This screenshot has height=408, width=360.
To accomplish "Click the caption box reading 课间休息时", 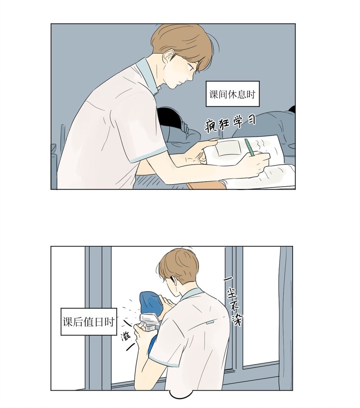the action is (x=233, y=94).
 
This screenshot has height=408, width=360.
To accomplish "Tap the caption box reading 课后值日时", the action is (x=89, y=322).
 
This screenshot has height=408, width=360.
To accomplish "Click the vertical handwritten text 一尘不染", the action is (x=233, y=300).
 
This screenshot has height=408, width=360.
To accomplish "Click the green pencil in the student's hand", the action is (x=249, y=147).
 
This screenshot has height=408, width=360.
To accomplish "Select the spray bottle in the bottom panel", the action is (x=147, y=323).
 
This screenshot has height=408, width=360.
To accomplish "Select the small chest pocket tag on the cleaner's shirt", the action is (x=210, y=323).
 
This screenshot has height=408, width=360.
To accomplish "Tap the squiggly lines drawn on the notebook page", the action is (x=261, y=145).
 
